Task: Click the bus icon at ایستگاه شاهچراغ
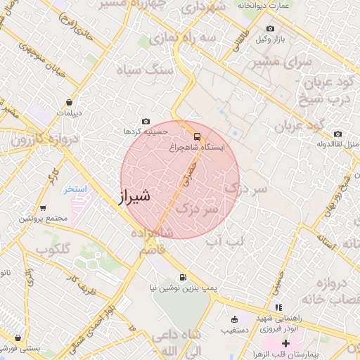(197, 136)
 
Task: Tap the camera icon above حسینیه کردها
(146, 122)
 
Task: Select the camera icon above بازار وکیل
(270, 29)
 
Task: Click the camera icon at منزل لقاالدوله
(338, 134)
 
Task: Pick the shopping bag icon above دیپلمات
(68, 102)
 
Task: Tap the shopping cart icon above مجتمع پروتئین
(43, 208)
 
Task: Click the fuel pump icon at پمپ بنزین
(184, 277)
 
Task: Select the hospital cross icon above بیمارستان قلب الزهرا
(285, 342)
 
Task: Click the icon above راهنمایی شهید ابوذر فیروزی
(279, 307)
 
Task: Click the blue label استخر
(75, 190)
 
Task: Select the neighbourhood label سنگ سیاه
(151, 71)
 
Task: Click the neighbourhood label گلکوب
(51, 250)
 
